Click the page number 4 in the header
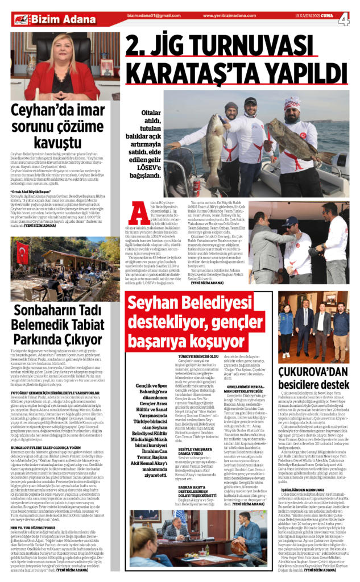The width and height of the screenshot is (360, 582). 345,19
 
